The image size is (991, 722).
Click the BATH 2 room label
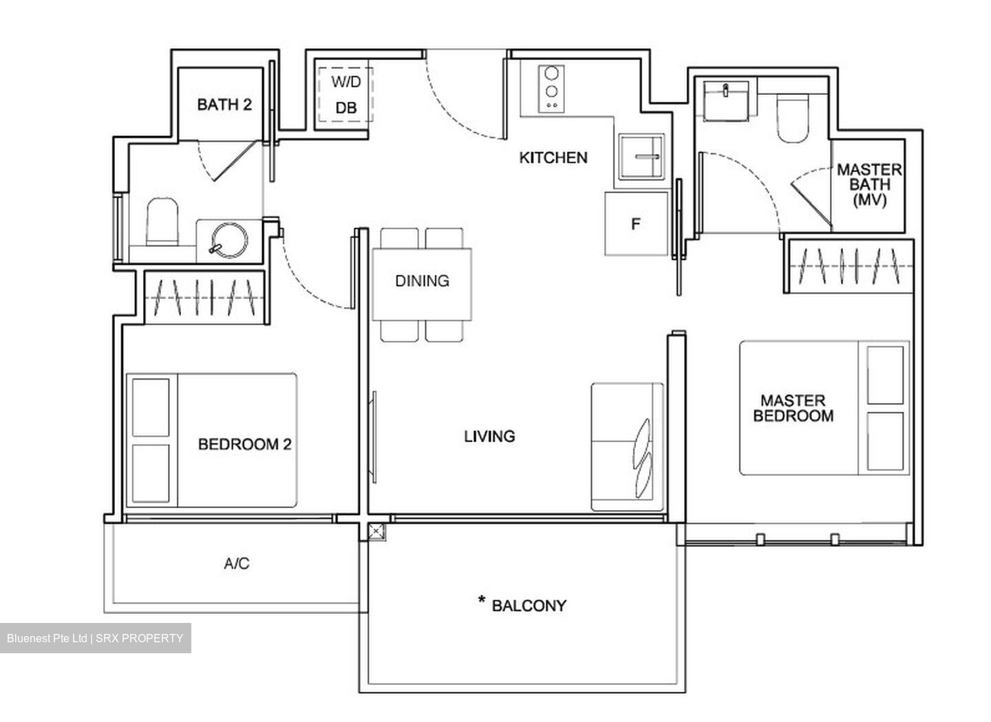pos(224,105)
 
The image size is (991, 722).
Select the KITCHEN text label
pos(553,157)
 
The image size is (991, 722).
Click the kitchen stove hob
pos(551,87)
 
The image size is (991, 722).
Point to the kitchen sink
pos(642,157)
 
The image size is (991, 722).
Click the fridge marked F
pos(637,223)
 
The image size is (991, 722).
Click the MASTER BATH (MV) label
pos(869,185)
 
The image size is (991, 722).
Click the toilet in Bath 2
pos(162,221)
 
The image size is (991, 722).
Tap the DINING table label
pos(422,281)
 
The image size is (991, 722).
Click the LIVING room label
pos(489,436)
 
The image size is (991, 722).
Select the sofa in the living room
pos(627,447)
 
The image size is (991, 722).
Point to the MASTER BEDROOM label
pos(793,408)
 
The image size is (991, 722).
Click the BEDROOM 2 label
pos(244,444)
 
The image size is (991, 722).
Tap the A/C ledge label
pos(237,564)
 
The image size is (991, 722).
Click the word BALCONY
pos(529,606)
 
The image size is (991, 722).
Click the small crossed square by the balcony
pos(376,532)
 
